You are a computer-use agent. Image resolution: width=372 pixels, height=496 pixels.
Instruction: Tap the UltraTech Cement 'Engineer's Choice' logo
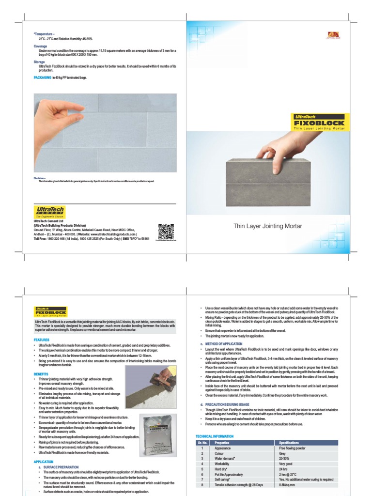pyautogui.click(x=48, y=212)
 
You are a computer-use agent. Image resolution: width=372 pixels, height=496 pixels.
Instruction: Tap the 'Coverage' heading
pyautogui.click(x=40, y=46)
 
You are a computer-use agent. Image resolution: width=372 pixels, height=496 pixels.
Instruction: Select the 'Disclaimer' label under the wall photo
pyautogui.click(x=40, y=178)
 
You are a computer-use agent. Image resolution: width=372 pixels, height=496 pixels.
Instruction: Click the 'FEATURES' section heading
pyautogui.click(x=41, y=340)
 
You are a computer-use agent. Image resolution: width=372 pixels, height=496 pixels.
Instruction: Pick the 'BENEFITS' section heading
pyautogui.click(x=41, y=374)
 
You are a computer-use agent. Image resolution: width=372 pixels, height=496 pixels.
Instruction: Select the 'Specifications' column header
pyautogui.click(x=290, y=443)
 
